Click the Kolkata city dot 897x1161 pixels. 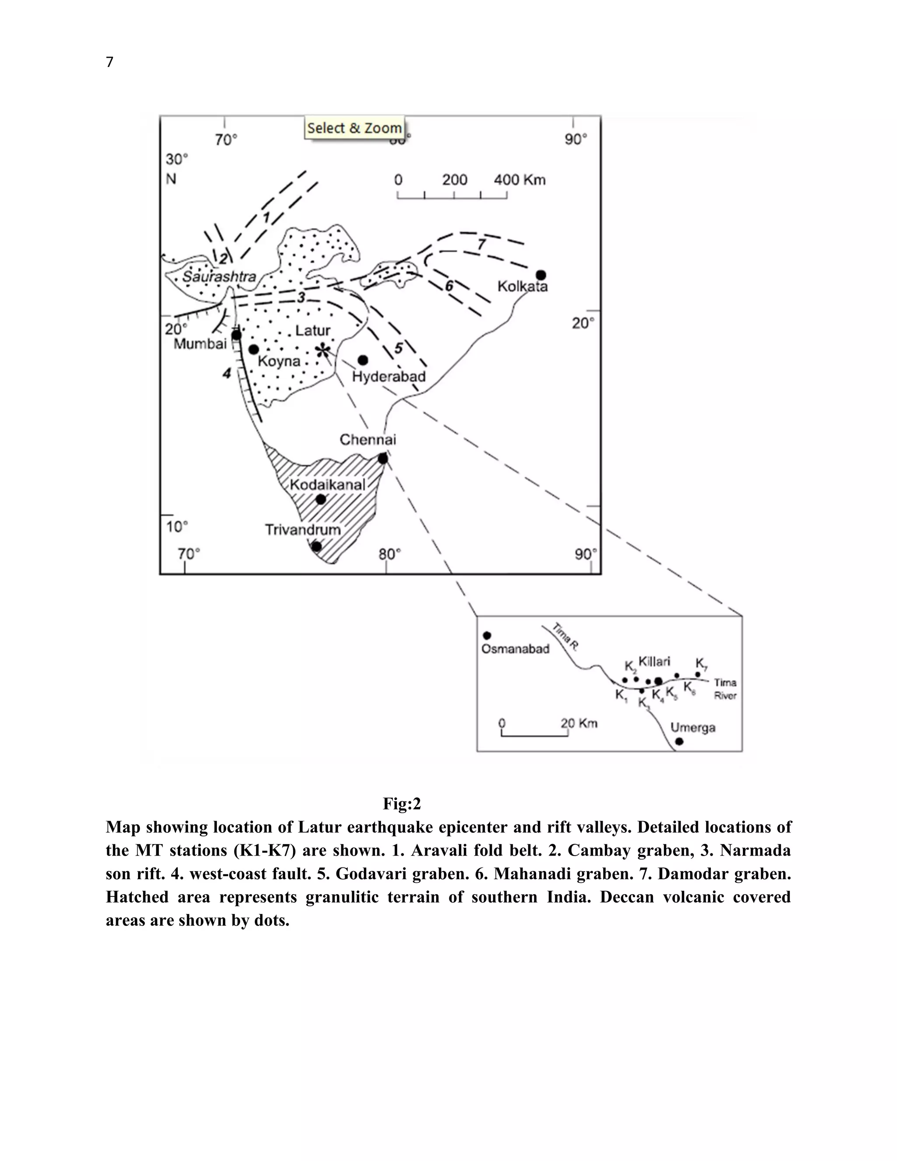[540, 275]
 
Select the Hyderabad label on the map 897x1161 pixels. [389, 376]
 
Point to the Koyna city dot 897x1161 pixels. [254, 349]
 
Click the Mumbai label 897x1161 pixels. [200, 344]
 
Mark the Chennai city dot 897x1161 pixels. [383, 458]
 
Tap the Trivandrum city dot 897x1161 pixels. [316, 546]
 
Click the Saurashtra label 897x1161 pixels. [219, 276]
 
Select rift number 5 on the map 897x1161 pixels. [399, 348]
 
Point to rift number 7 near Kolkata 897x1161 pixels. [481, 244]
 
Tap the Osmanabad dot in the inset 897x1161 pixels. [487, 635]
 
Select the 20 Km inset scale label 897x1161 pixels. [579, 723]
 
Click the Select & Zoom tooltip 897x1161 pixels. [354, 127]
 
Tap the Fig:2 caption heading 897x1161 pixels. [402, 804]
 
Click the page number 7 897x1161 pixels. [109, 62]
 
